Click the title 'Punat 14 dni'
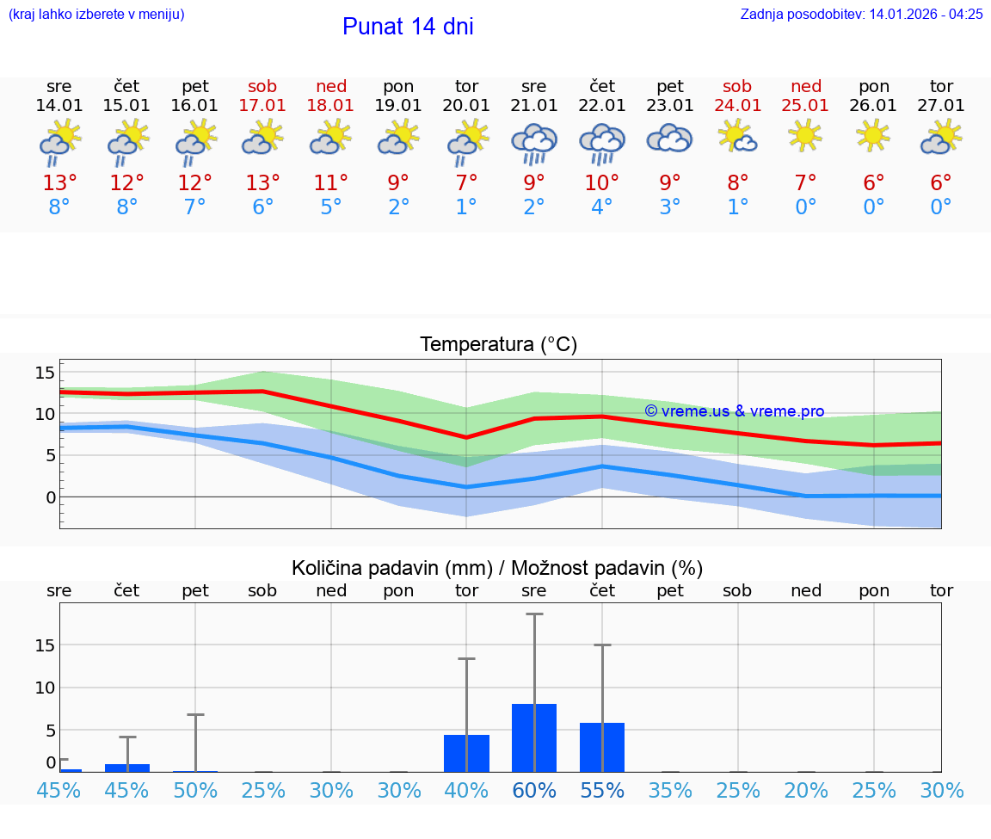tap(408, 27)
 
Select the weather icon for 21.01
tap(534, 143)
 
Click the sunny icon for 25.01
tap(805, 136)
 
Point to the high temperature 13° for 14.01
tap(59, 183)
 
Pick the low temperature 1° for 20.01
tap(466, 207)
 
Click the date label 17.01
tap(263, 105)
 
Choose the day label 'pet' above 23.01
tap(670, 86)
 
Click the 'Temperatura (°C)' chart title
tap(498, 345)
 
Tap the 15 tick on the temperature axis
tap(45, 373)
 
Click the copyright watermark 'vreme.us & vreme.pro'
tap(735, 411)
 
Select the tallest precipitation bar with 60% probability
tap(534, 737)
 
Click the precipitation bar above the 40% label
tap(466, 753)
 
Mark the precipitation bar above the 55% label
tap(602, 747)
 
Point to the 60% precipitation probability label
tap(534, 790)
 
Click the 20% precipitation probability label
tap(805, 790)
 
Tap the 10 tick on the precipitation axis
tap(45, 688)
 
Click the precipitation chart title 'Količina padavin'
tap(497, 568)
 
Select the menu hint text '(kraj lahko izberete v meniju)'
tap(96, 14)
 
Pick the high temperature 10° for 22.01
tap(602, 183)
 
